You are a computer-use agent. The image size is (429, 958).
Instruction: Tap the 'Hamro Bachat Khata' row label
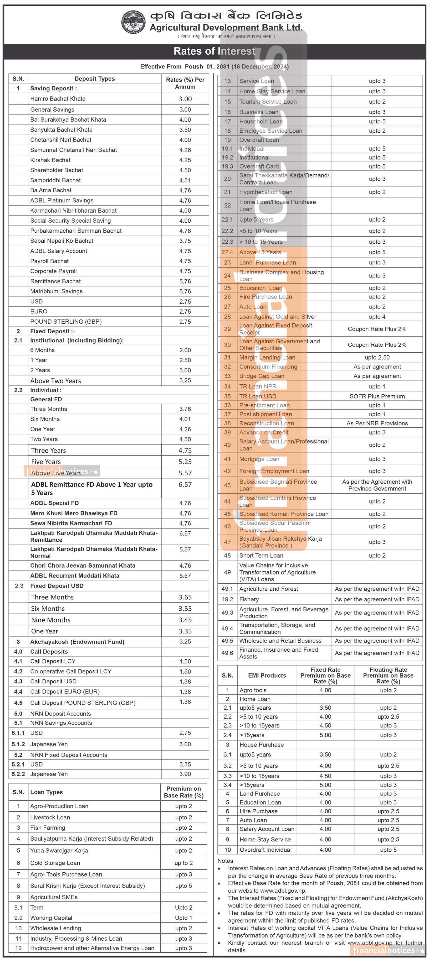(x=58, y=99)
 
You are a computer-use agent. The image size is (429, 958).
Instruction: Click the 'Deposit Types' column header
(x=94, y=79)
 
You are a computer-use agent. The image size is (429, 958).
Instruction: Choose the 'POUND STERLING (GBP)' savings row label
(x=66, y=322)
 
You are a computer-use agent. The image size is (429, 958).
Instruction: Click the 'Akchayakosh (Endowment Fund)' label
(x=77, y=642)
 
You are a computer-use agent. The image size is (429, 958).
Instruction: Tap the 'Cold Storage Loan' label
(x=55, y=863)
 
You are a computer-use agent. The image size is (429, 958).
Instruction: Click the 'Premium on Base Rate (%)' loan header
(x=184, y=792)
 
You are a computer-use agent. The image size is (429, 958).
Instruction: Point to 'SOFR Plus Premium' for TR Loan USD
(x=377, y=396)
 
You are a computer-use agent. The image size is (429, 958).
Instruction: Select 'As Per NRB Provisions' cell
(x=377, y=423)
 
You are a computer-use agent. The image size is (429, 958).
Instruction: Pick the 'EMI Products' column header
(x=267, y=675)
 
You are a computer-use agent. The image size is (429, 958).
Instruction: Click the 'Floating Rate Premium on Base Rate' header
(x=388, y=675)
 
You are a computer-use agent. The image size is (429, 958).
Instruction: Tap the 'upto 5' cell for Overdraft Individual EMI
(x=388, y=850)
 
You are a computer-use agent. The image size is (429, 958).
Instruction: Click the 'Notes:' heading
(x=226, y=861)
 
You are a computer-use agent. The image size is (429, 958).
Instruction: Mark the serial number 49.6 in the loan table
(x=227, y=653)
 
